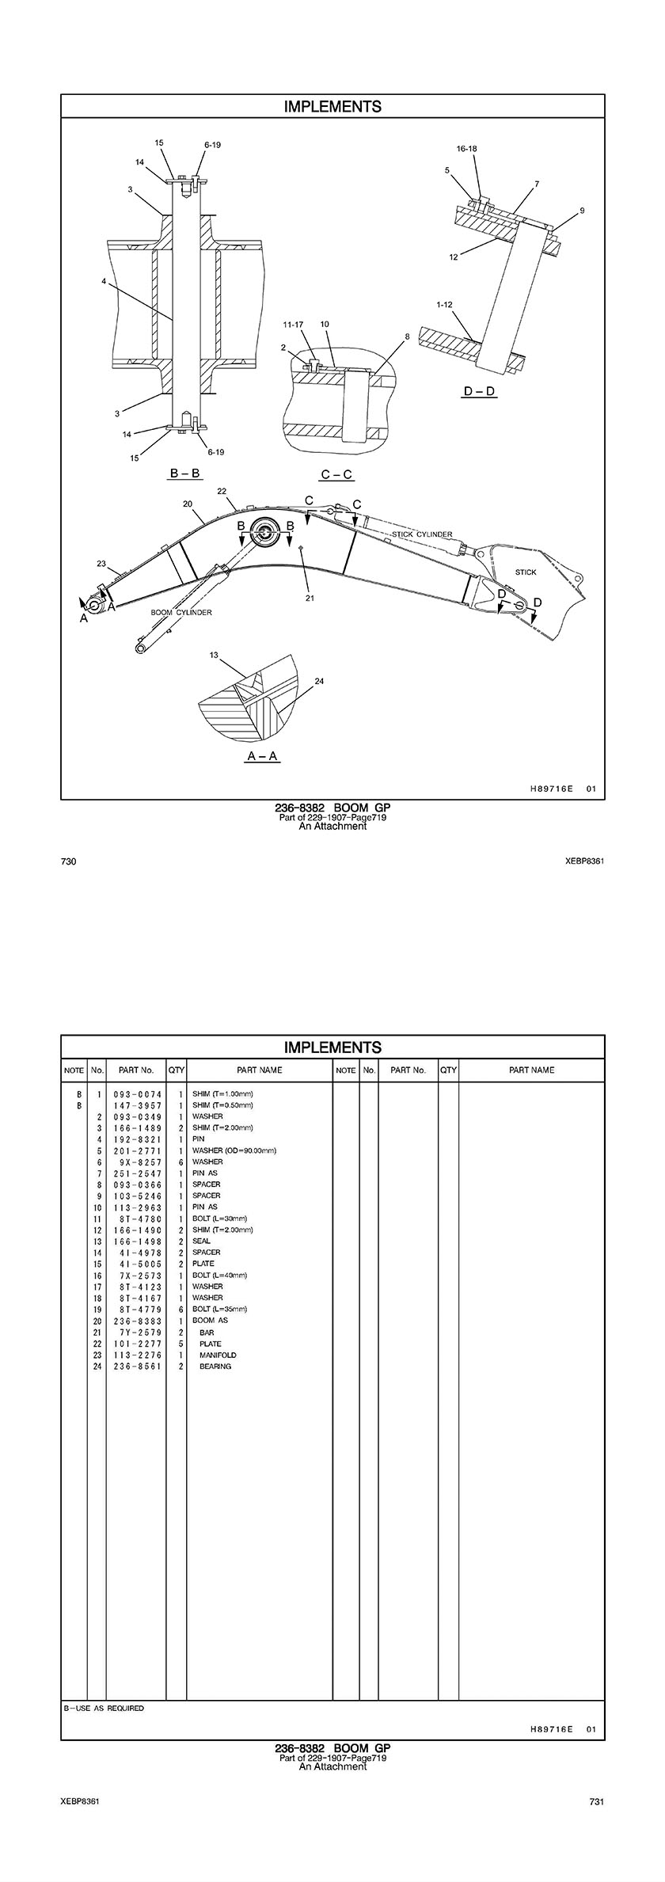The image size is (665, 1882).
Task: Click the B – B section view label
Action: (184, 473)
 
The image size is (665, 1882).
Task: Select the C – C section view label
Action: (336, 475)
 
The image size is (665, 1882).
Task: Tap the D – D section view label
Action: (479, 392)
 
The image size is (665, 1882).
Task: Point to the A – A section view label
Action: (263, 755)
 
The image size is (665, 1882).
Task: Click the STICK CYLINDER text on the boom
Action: (422, 534)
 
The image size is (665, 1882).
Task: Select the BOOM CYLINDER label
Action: (181, 612)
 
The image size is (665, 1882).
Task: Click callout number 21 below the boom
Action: (310, 598)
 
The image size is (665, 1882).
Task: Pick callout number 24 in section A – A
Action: (319, 681)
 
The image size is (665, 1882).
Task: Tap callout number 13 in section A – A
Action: (214, 655)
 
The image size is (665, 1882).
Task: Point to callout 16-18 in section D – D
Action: (466, 149)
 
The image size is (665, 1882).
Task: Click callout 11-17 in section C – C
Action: (293, 325)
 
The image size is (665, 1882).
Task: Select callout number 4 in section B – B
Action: (104, 280)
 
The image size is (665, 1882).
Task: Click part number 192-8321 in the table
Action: (137, 1139)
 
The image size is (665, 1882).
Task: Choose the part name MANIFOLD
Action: (218, 1355)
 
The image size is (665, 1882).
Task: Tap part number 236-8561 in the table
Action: (137, 1367)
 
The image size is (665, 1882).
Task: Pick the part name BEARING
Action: (215, 1367)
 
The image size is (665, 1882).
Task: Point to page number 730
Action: (67, 861)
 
